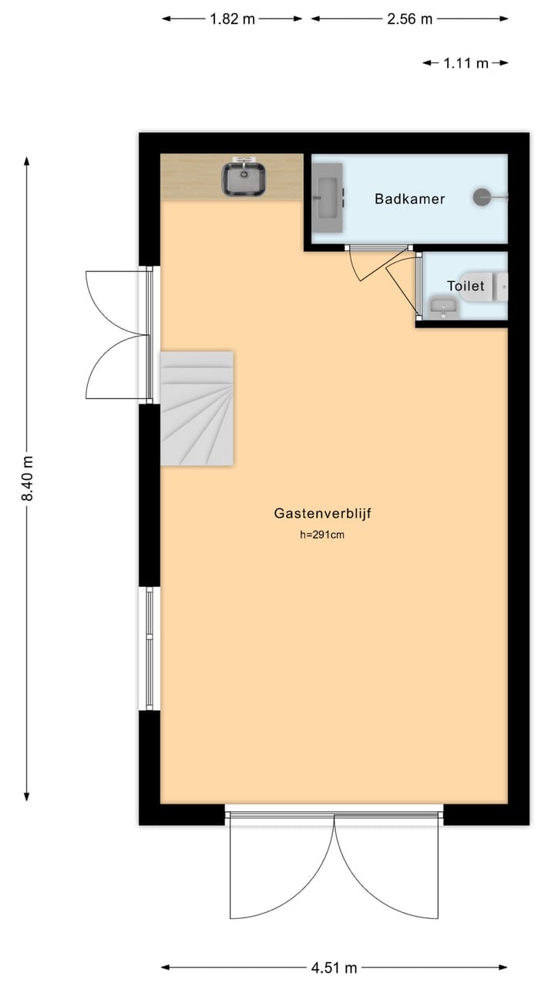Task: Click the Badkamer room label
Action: (409, 199)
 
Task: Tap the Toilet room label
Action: (466, 286)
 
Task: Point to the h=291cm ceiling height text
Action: (321, 535)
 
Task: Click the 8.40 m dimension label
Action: (28, 478)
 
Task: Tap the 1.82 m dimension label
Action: (232, 19)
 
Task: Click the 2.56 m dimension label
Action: (409, 19)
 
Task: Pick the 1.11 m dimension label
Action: (466, 64)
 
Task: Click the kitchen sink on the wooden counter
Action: (244, 178)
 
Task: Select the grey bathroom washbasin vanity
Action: (328, 199)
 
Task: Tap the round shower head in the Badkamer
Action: (483, 197)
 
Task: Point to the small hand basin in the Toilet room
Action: (443, 309)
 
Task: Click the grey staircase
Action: (197, 408)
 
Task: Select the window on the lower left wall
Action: (150, 648)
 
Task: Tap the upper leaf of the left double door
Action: (116, 300)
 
